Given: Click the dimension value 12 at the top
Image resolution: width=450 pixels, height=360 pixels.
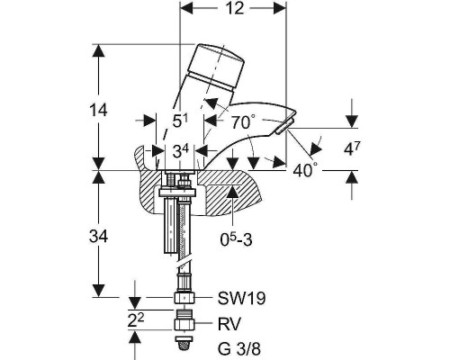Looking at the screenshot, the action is click(x=236, y=8).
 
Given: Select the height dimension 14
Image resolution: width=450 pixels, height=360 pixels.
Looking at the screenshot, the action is click(x=98, y=110).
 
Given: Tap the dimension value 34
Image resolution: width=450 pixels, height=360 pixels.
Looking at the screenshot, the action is click(x=98, y=237).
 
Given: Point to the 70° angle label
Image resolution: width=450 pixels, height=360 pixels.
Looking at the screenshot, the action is click(x=243, y=121).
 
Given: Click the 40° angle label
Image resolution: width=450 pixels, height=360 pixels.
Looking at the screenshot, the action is click(x=305, y=170).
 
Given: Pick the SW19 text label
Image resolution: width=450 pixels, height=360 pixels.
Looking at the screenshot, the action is click(x=241, y=298).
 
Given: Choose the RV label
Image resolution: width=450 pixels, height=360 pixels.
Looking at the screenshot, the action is click(x=229, y=324).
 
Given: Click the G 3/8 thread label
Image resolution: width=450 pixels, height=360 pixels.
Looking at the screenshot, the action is click(x=239, y=349).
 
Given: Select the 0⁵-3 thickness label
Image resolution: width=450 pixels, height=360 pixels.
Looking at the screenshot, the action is click(x=236, y=239).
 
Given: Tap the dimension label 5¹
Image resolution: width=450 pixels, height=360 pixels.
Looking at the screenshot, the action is click(x=180, y=121).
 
